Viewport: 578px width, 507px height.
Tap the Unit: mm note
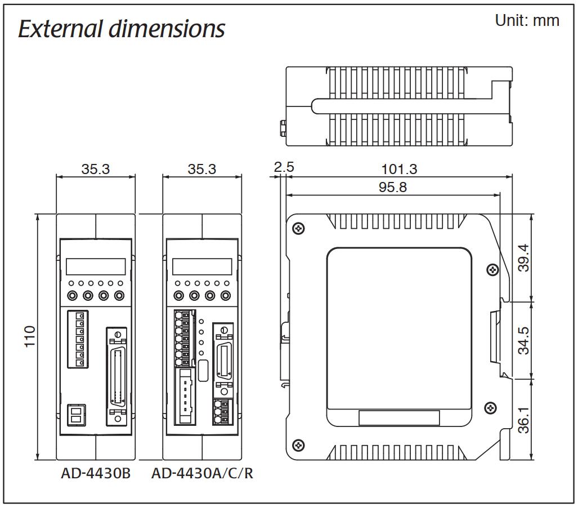(527, 21)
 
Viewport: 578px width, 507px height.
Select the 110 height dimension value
(29, 336)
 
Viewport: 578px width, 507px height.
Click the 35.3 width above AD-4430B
(96, 168)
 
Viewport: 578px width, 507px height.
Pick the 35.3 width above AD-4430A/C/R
(202, 168)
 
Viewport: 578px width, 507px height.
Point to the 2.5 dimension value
(284, 167)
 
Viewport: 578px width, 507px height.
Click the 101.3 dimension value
(400, 168)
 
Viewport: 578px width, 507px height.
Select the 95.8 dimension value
(392, 187)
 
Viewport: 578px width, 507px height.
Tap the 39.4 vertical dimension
(524, 257)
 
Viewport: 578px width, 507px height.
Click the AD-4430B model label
(96, 474)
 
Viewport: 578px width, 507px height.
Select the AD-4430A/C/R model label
(202, 474)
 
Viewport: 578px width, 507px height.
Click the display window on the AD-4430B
(96, 266)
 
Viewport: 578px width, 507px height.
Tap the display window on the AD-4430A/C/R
(202, 266)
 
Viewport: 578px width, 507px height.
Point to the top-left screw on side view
(298, 228)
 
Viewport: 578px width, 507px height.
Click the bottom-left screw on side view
(298, 445)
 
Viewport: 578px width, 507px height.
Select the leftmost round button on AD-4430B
(73, 295)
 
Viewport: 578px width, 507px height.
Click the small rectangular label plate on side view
(399, 417)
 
